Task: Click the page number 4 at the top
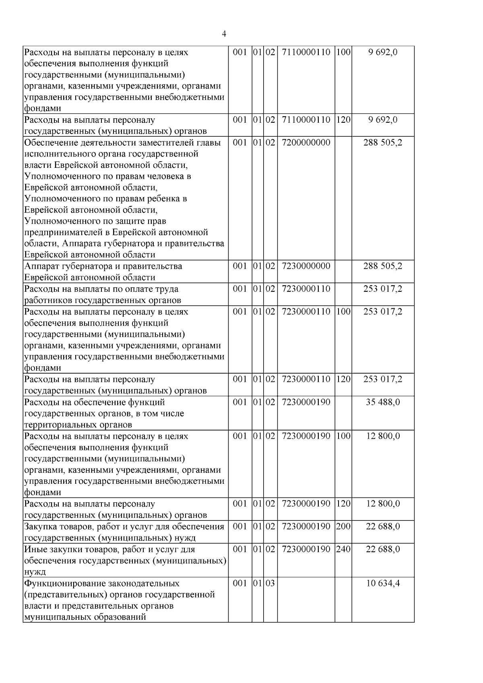coord(224,34)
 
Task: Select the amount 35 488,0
coord(383,402)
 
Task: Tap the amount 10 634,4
coord(383,583)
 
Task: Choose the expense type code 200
coord(343,526)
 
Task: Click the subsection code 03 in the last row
coord(270,583)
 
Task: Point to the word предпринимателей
coord(67,233)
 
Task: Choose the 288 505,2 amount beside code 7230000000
coord(383,266)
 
